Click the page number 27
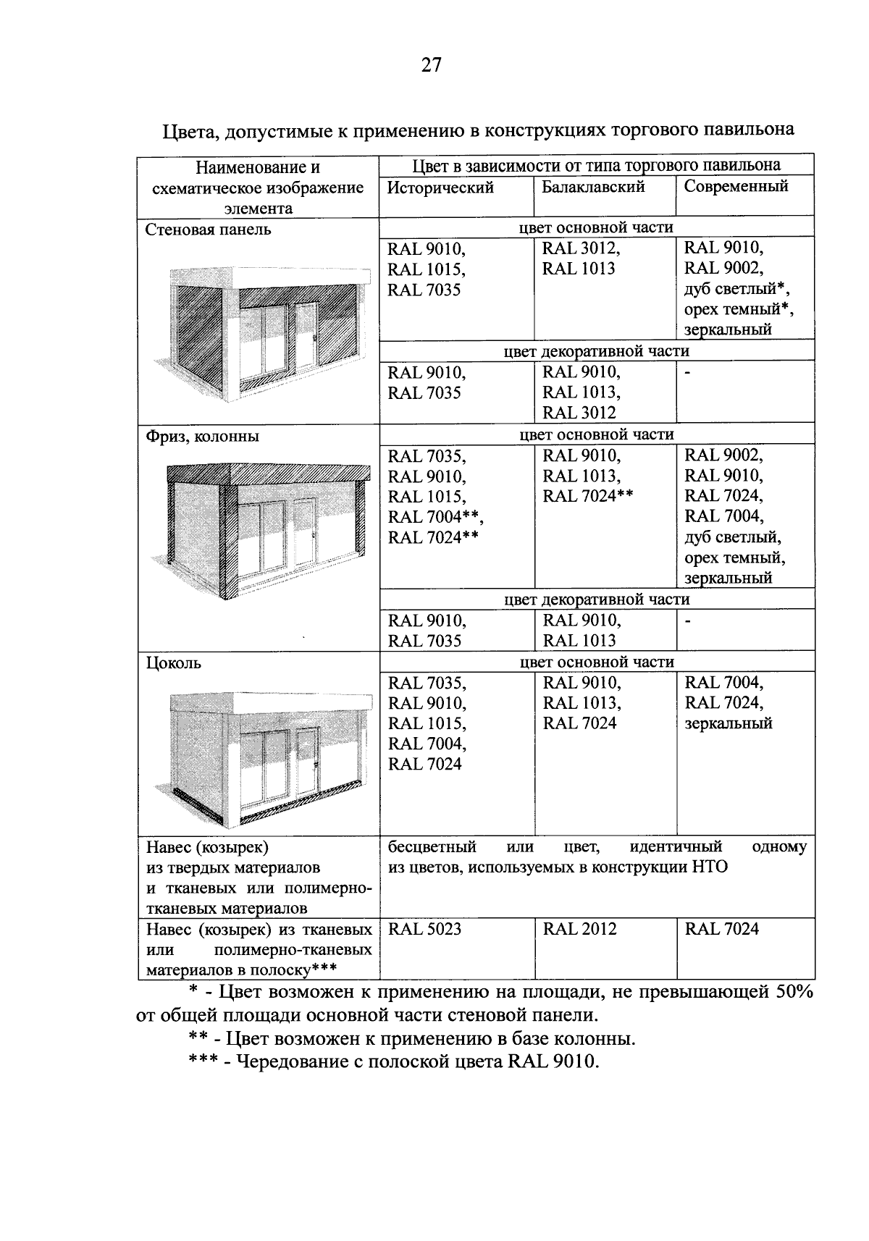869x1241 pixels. (x=431, y=66)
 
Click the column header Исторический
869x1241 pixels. (x=440, y=188)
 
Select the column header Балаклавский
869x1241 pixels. (x=593, y=187)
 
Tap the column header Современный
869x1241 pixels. (x=736, y=186)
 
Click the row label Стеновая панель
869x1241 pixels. (x=209, y=230)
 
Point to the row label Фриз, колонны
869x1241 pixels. (x=202, y=437)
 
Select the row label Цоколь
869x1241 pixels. (x=174, y=663)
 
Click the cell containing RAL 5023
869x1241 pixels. (x=424, y=929)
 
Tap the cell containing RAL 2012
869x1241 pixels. (x=579, y=929)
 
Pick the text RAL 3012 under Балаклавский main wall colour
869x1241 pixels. (x=580, y=249)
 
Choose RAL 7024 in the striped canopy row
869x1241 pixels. (x=721, y=929)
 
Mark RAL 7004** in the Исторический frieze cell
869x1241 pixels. (x=434, y=517)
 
